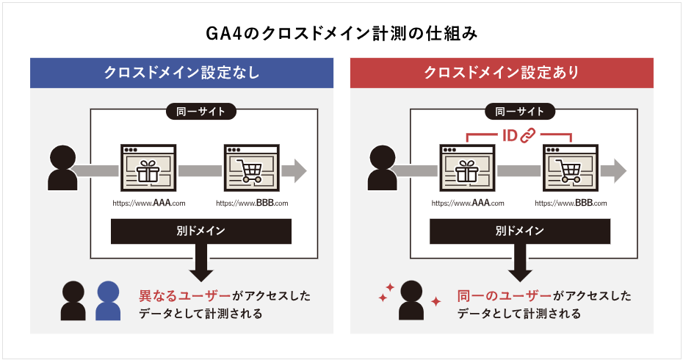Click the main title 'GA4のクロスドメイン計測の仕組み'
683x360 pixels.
pyautogui.click(x=341, y=33)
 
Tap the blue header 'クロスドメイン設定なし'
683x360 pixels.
pyautogui.click(x=181, y=73)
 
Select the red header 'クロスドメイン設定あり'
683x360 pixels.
pyautogui.click(x=502, y=73)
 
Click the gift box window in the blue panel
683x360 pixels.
pyautogui.click(x=148, y=168)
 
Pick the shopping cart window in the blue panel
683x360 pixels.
pyautogui.click(x=252, y=168)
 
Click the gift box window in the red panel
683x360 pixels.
pyautogui.click(x=467, y=168)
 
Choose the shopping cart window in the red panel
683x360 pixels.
pyautogui.click(x=571, y=168)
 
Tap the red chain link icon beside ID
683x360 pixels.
pyautogui.click(x=527, y=135)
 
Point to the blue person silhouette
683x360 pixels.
pyautogui.click(x=108, y=300)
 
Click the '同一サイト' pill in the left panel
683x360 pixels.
pyautogui.click(x=200, y=112)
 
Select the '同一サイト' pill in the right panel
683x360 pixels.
pyautogui.click(x=520, y=112)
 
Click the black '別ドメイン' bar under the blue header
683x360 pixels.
pyautogui.click(x=201, y=231)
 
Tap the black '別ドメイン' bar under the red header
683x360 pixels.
pyautogui.click(x=520, y=231)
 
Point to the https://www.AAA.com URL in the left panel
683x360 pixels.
pyautogui.click(x=149, y=203)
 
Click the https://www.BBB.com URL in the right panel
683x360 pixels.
pyautogui.click(x=571, y=203)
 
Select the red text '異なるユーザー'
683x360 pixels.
pyautogui.click(x=184, y=296)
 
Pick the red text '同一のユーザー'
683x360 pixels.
pyautogui.click(x=505, y=296)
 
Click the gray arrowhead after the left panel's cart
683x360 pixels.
pyautogui.click(x=298, y=170)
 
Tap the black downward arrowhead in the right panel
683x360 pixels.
pyautogui.click(x=520, y=276)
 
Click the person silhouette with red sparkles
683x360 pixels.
pyautogui.click(x=411, y=300)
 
